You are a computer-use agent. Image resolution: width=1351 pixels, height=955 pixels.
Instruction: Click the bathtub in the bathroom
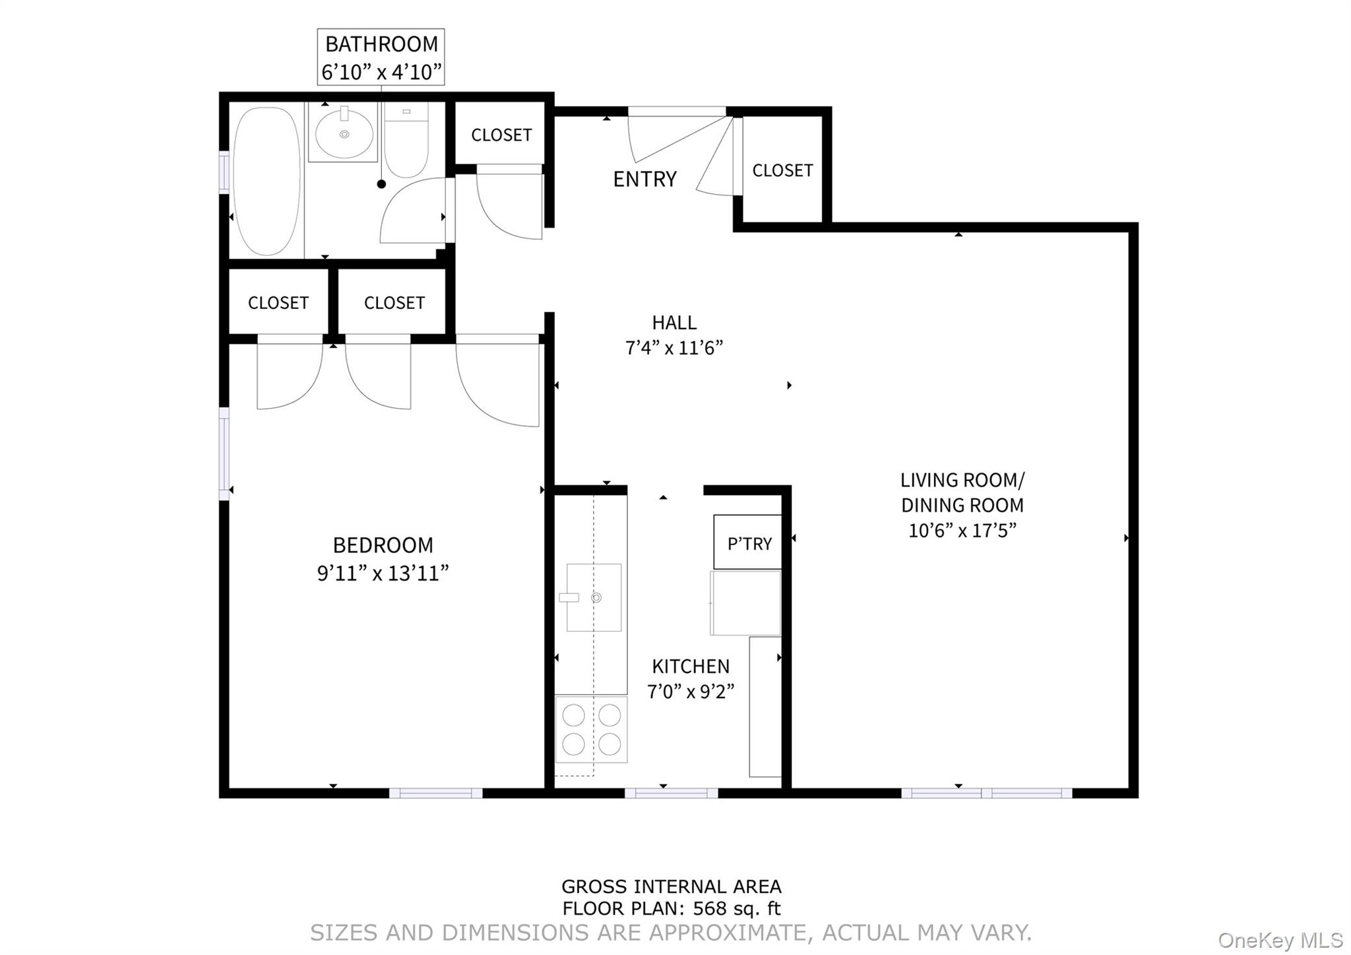coord(267,181)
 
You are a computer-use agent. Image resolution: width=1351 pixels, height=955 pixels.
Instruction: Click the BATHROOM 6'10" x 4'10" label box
coord(381,57)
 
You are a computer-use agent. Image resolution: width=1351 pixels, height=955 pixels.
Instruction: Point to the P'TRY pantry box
coord(749,543)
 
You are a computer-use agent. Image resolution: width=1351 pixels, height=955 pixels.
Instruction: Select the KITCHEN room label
coord(691,666)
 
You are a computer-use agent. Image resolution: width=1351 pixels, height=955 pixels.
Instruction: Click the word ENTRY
coord(644,179)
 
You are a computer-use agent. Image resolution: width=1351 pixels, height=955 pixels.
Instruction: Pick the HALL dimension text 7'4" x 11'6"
coord(674,348)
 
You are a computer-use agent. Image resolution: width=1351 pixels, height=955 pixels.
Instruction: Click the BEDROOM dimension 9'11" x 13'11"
coord(383,573)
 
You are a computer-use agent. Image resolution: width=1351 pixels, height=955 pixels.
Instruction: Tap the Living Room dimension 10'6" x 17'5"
coord(962,531)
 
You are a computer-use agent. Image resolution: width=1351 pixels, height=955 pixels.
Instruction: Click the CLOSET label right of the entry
coord(782,170)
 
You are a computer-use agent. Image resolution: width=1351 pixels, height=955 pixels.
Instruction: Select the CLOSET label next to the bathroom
coord(501,135)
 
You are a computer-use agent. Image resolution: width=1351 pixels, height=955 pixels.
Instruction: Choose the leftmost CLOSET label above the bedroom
coord(278,302)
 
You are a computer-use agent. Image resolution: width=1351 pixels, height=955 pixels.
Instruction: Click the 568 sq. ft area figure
coord(736,909)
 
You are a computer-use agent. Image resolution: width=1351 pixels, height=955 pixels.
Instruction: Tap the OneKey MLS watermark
coord(1280,940)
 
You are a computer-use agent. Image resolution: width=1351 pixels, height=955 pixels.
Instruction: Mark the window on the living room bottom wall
coord(986,793)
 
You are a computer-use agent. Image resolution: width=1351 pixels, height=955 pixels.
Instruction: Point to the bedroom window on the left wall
coord(224,453)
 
